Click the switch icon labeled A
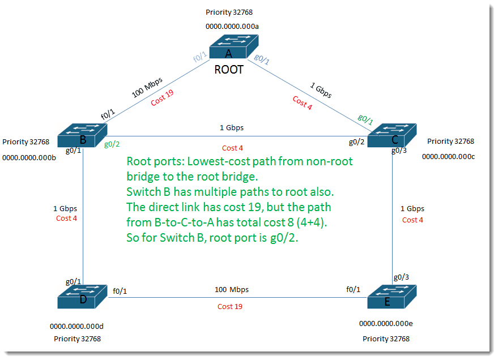click(x=234, y=46)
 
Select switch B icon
click(x=82, y=135)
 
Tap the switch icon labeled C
click(x=392, y=135)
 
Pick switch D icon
click(x=82, y=297)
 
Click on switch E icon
click(x=392, y=297)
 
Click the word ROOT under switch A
click(x=229, y=70)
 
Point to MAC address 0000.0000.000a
click(x=232, y=27)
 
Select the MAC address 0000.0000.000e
click(x=386, y=324)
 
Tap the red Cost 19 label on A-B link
click(x=162, y=97)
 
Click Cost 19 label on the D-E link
click(x=229, y=306)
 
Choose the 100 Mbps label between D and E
click(x=232, y=290)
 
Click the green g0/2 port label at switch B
click(x=112, y=144)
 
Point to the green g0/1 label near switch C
click(x=365, y=119)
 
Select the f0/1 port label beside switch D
click(x=120, y=291)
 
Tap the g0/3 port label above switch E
click(x=401, y=277)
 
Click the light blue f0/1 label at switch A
click(x=200, y=57)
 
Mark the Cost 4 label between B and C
click(x=232, y=148)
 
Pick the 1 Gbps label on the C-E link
click(x=412, y=209)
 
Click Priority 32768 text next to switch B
click(x=25, y=142)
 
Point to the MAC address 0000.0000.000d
click(x=76, y=327)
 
